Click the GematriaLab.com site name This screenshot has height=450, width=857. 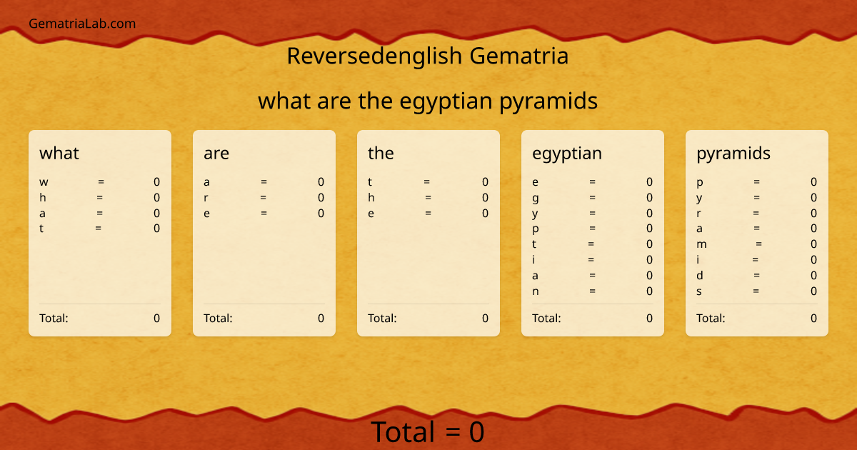[82, 24]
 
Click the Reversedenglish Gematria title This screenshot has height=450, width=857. [427, 56]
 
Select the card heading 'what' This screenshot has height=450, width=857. [59, 153]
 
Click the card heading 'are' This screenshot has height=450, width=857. [216, 153]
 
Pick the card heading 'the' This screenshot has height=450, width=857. [381, 153]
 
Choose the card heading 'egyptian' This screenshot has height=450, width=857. [566, 153]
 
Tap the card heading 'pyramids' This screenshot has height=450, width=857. [733, 153]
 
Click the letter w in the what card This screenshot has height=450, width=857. [44, 182]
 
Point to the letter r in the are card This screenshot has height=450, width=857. [206, 198]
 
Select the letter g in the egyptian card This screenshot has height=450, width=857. [536, 198]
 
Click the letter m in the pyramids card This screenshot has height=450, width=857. [701, 244]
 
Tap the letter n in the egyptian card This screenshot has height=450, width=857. [536, 291]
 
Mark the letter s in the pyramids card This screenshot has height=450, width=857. [700, 291]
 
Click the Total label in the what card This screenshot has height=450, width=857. [54, 318]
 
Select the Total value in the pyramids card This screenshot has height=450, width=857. [813, 318]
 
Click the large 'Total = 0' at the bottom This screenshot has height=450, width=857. [427, 432]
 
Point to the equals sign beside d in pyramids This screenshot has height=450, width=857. [756, 275]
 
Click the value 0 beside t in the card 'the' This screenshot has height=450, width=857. [485, 182]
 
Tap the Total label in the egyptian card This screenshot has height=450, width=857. [546, 318]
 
